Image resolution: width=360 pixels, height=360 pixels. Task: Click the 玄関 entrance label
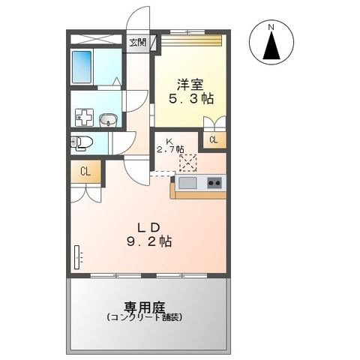tap(137, 42)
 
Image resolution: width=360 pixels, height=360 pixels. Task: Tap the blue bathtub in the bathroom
tap(82, 67)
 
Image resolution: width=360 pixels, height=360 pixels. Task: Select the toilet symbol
tap(82, 143)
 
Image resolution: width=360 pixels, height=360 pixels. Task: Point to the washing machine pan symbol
tap(84, 117)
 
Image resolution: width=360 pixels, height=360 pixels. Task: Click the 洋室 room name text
tap(190, 85)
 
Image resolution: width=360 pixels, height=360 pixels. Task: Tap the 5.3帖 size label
tap(191, 99)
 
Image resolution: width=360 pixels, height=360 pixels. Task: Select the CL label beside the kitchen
tap(214, 140)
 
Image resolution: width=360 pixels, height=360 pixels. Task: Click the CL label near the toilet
tap(85, 172)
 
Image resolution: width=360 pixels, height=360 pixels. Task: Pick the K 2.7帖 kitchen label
tap(170, 145)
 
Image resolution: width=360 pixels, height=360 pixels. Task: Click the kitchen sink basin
tap(187, 183)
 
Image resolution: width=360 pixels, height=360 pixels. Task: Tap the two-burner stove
tap(214, 183)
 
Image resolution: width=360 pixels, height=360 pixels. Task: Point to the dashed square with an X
tap(188, 163)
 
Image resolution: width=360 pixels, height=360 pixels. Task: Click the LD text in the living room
tap(148, 227)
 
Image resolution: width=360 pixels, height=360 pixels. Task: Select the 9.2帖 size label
tap(149, 241)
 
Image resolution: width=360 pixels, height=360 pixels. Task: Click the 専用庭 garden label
tap(145, 307)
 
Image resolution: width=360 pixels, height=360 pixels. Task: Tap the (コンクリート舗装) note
tap(144, 317)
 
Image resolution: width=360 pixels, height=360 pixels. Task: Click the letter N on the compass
tap(271, 27)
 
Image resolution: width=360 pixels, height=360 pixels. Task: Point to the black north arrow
tap(271, 45)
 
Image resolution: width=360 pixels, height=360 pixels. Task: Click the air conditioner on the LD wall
tap(77, 257)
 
